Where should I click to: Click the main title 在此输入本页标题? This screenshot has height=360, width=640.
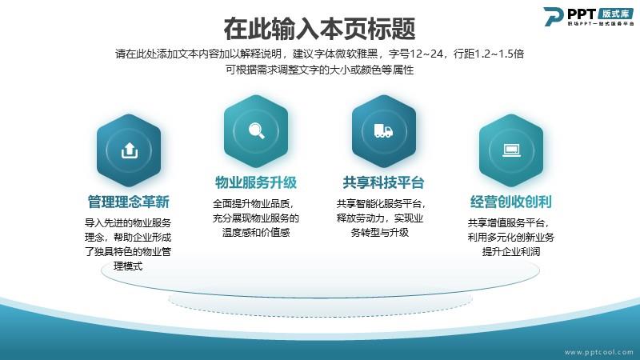tap(319, 29)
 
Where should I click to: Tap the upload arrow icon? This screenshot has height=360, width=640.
tap(130, 150)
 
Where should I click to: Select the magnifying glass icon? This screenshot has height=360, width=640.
tap(256, 131)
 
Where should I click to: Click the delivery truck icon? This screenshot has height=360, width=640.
tap(383, 131)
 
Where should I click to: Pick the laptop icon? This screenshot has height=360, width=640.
tap(511, 150)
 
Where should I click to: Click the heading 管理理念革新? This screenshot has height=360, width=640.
tap(129, 202)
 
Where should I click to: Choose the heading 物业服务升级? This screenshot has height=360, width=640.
tap(256, 182)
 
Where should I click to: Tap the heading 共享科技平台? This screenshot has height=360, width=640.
tap(383, 182)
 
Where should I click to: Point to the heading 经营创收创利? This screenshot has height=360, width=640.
tap(510, 202)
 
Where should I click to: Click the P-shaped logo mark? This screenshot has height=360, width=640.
tap(554, 17)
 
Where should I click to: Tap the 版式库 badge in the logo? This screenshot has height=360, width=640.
tap(616, 14)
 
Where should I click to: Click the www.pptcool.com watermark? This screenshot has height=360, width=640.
tap(599, 352)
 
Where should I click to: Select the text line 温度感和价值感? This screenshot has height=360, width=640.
tap(256, 233)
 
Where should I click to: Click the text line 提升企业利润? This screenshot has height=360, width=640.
tap(511, 252)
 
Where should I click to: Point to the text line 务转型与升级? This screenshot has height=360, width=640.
tap(379, 233)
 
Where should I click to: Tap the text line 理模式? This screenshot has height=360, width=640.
tap(128, 266)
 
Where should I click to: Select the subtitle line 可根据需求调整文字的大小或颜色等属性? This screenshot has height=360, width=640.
tap(319, 70)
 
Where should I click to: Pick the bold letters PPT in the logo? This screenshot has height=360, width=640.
tap(582, 14)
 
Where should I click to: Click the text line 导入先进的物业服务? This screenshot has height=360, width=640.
tap(128, 223)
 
